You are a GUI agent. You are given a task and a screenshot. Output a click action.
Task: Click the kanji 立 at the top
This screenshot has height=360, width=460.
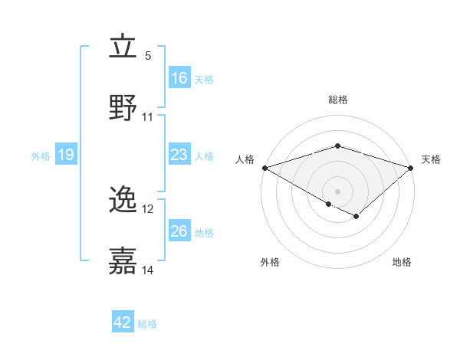click(x=123, y=47)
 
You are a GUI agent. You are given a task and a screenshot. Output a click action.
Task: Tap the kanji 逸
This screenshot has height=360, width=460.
click(x=123, y=201)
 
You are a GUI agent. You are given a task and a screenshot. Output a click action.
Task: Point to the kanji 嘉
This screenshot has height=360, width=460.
click(x=123, y=261)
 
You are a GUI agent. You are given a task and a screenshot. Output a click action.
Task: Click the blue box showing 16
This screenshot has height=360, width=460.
click(x=179, y=78)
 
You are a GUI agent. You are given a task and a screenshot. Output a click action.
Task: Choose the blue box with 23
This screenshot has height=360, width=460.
click(x=179, y=155)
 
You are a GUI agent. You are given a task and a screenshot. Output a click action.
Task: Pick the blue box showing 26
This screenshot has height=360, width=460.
click(x=179, y=231)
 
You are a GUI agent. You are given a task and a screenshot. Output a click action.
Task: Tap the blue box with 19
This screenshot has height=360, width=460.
click(x=65, y=155)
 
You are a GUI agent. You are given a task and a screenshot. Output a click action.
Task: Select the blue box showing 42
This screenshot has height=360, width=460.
click(x=123, y=323)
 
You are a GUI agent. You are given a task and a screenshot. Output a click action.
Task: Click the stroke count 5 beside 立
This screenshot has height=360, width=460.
click(x=148, y=56)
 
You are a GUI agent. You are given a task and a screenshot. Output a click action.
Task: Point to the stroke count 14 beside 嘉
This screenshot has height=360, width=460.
click(x=148, y=270)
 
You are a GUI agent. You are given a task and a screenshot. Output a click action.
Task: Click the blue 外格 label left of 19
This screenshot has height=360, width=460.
click(x=41, y=155)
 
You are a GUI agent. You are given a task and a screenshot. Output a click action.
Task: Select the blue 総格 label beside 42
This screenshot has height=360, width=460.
click(x=147, y=324)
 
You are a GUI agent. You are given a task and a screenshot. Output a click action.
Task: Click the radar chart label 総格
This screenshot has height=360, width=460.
click(x=337, y=100)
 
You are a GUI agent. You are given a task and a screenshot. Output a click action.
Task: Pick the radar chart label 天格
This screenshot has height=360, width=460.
click(x=431, y=159)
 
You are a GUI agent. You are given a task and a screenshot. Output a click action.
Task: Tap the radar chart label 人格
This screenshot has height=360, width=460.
click(x=245, y=159)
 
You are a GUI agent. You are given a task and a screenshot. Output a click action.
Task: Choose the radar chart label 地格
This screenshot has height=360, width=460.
click(x=402, y=262)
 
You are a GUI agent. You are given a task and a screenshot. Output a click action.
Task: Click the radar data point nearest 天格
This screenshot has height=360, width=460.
click(x=412, y=168)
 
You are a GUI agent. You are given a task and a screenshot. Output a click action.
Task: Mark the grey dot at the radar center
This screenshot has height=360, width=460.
click(x=337, y=191)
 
